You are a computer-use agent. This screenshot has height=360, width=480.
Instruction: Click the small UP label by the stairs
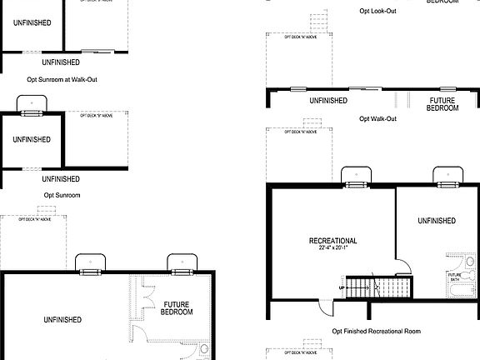(x=341, y=287)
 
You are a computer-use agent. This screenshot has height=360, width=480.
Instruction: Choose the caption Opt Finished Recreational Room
(x=377, y=331)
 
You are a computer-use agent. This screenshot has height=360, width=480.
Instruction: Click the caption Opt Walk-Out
(x=377, y=119)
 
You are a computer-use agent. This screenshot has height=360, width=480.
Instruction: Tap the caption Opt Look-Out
(x=377, y=11)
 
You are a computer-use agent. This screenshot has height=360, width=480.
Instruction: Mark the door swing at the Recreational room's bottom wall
(x=327, y=309)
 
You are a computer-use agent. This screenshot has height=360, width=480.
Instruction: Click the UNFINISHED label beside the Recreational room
(x=436, y=221)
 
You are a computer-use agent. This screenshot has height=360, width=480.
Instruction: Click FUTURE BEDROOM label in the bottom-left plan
(x=177, y=308)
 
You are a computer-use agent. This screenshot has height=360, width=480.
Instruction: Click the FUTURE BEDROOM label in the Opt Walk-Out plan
(x=442, y=104)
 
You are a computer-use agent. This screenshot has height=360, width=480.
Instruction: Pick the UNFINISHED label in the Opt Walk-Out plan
(x=328, y=101)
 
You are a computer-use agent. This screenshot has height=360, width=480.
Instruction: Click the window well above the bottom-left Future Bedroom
(x=179, y=263)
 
